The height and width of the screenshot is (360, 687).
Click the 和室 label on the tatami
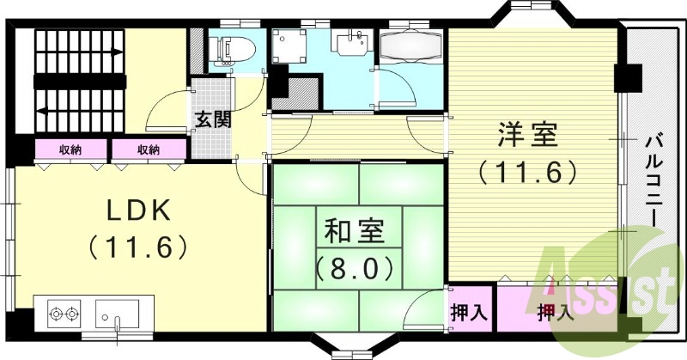coord(355,230)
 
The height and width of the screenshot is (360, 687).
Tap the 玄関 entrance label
coord(212,119)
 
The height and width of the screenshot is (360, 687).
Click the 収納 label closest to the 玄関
coord(148,149)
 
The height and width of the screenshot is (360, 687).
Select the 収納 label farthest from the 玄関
coord(71,149)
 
